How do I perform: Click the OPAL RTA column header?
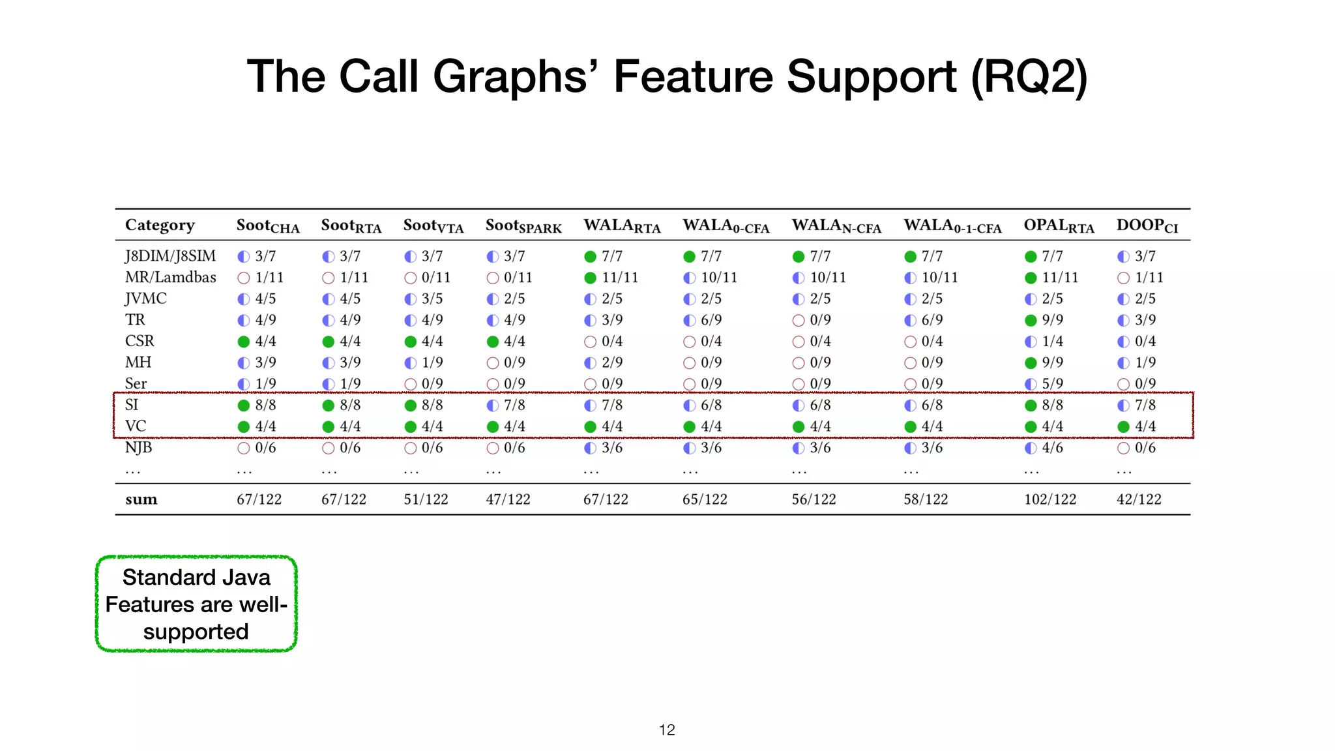(1059, 226)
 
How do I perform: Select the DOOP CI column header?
(1147, 226)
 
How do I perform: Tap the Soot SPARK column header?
(523, 226)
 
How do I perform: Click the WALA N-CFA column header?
(836, 226)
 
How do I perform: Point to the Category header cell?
(160, 226)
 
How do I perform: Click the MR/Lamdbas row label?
(171, 277)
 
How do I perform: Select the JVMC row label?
(146, 299)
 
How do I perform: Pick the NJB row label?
(139, 448)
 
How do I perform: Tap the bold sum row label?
(141, 499)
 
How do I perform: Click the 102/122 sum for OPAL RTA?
(1050, 499)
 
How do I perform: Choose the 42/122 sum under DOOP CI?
(1139, 499)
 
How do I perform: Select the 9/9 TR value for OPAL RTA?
(1052, 320)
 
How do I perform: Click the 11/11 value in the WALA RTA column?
(620, 278)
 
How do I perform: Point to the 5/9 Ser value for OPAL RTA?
(1052, 384)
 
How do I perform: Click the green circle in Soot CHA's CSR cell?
(244, 342)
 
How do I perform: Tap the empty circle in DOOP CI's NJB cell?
(1123, 448)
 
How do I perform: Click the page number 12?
(667, 730)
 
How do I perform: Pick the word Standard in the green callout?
(160, 578)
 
